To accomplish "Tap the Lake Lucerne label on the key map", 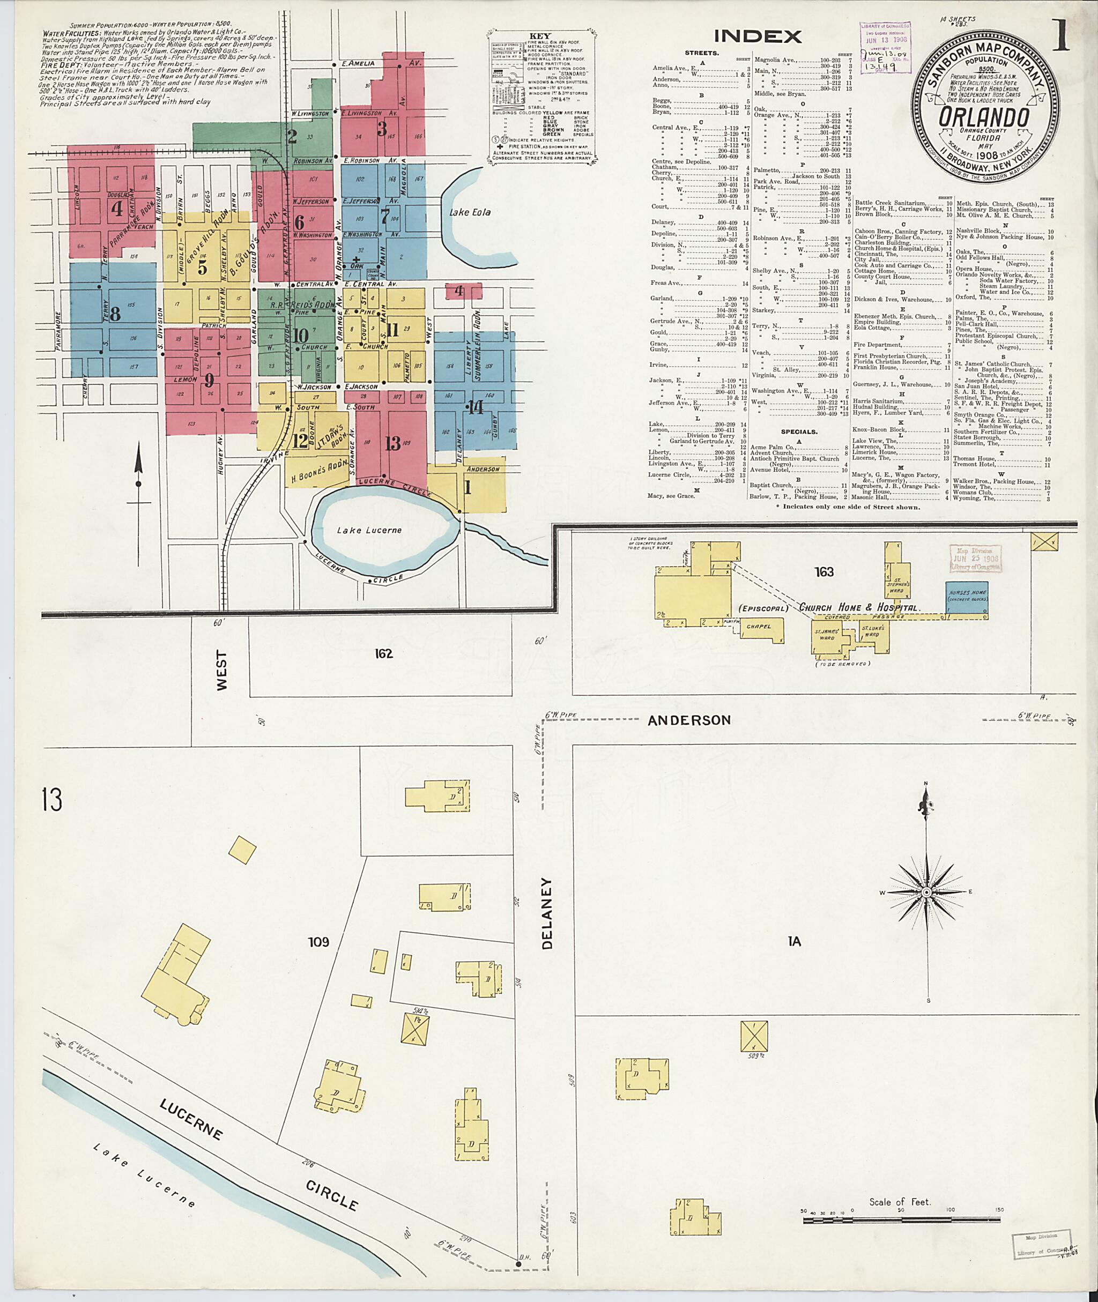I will click(369, 530).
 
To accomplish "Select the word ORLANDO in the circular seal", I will click(983, 117).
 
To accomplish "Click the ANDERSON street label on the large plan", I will click(689, 720).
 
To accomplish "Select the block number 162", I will click(384, 653).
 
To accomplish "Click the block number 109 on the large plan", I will click(318, 942).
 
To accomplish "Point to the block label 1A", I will click(793, 942).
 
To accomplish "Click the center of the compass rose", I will click(927, 892).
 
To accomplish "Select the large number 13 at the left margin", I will click(53, 800).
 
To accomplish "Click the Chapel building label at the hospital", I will click(759, 627).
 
